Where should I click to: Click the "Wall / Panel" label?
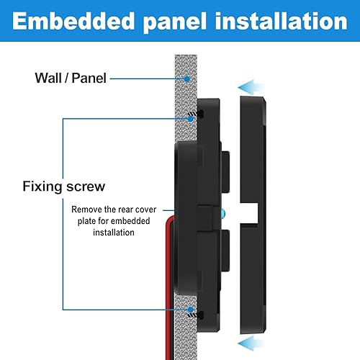click(70, 77)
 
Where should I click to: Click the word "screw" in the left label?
click(86, 186)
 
